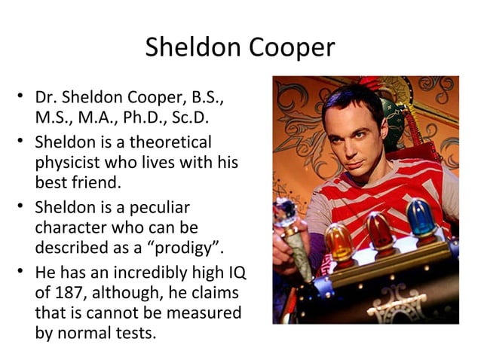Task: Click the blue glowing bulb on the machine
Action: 421,217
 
